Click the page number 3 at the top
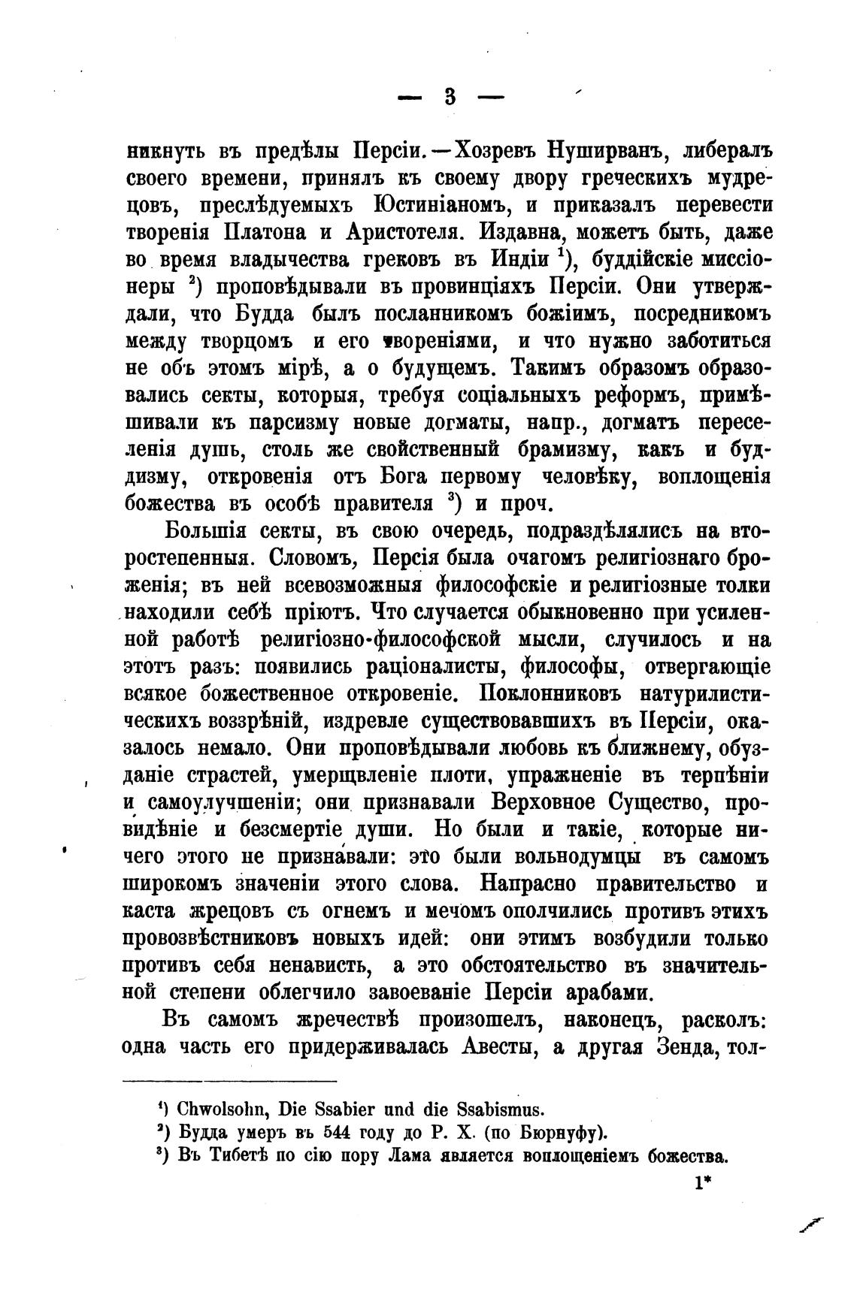pyautogui.click(x=450, y=96)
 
